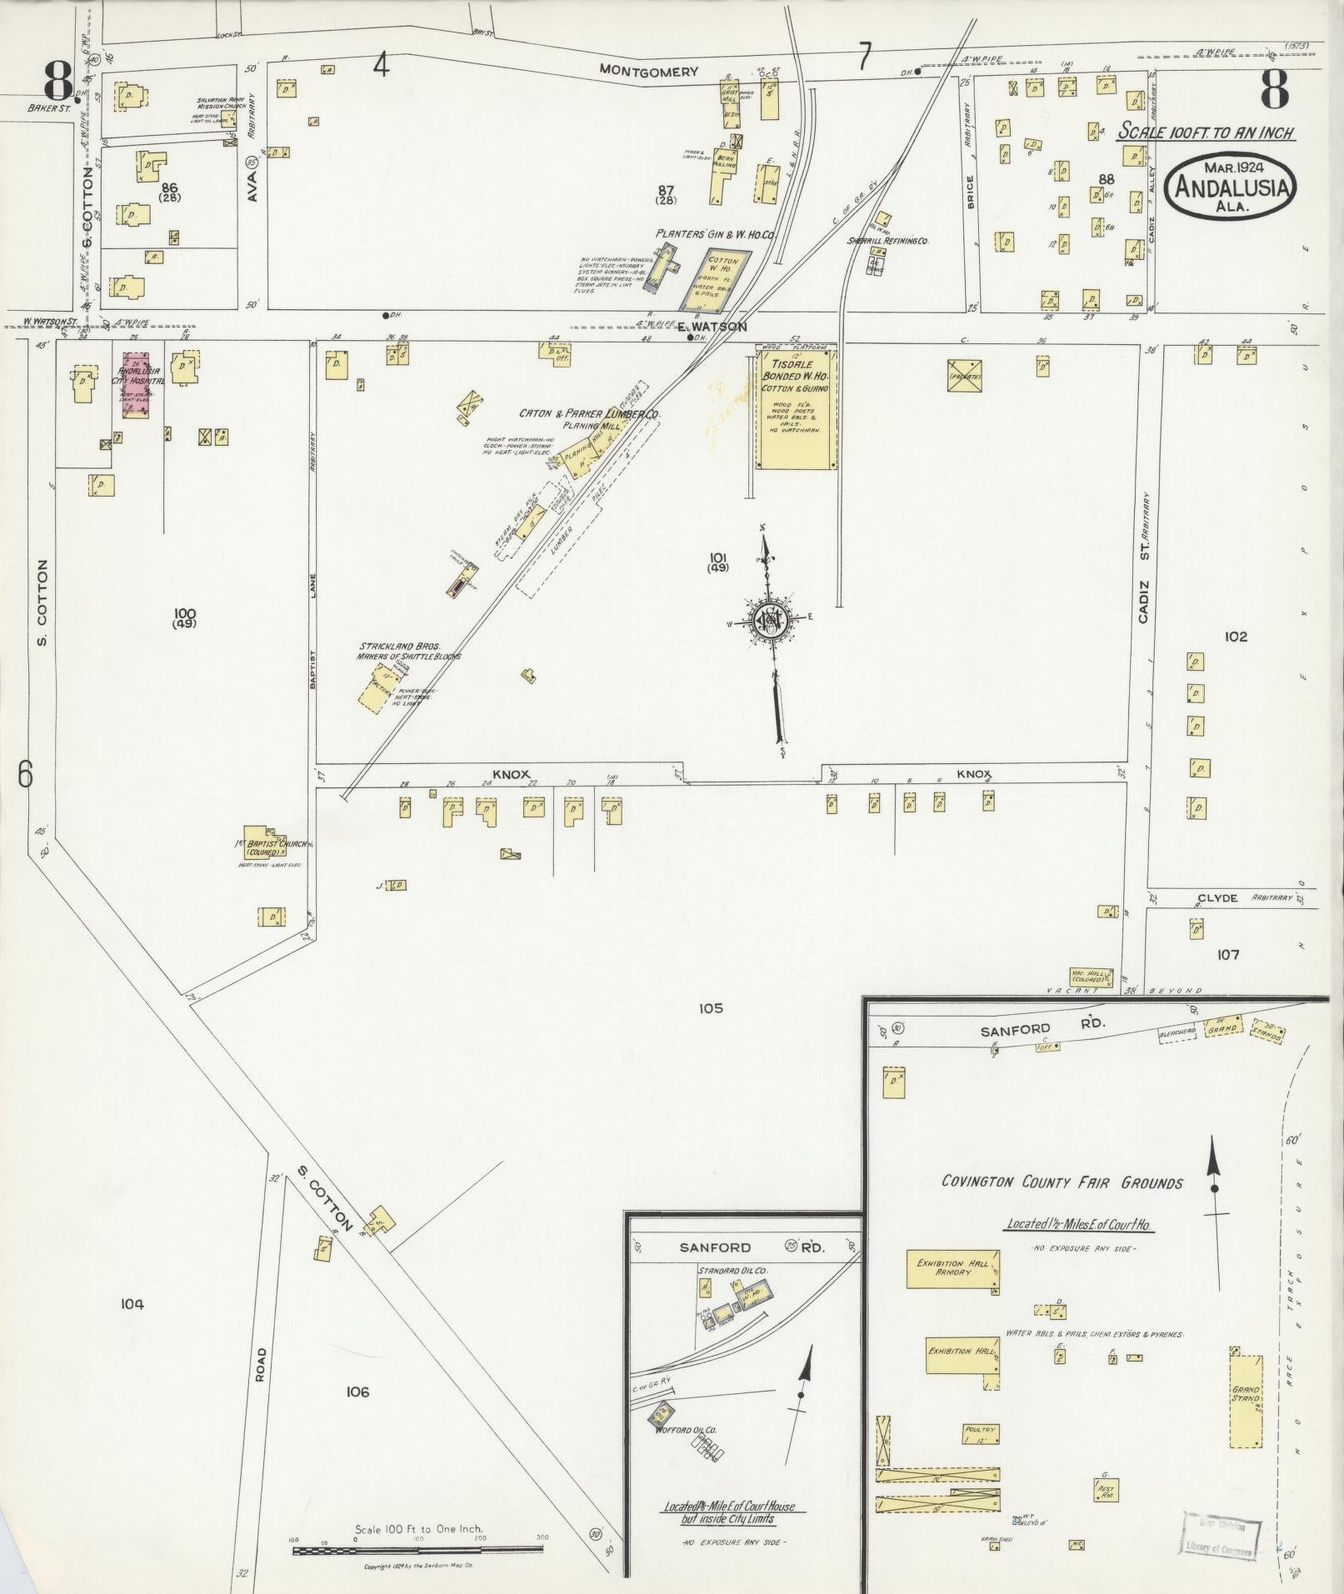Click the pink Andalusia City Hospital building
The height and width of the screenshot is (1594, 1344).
[x=136, y=384]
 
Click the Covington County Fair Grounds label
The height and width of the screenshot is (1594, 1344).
[x=1062, y=1182]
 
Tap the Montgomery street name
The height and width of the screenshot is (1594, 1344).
[x=650, y=72]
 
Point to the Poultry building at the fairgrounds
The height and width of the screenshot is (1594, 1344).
[x=980, y=1433]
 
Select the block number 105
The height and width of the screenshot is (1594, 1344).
[x=711, y=1009]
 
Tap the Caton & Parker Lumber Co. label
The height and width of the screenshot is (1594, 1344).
[x=589, y=414]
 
